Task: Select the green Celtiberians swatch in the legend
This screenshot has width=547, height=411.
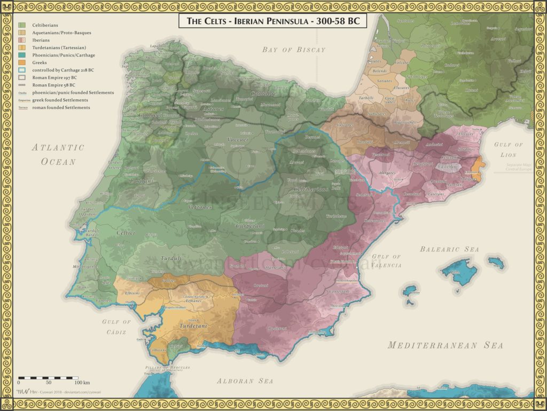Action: (x=22, y=25)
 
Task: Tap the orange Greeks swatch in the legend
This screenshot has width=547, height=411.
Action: (x=22, y=62)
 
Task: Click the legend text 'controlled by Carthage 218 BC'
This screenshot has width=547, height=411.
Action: (x=63, y=70)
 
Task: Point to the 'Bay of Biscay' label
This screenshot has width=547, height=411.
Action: (x=293, y=50)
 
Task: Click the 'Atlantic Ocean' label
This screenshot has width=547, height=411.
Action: (x=58, y=154)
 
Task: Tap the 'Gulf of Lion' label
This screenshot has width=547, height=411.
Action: (x=509, y=149)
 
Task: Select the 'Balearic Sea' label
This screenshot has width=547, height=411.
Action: (x=449, y=249)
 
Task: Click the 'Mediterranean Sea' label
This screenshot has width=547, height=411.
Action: (x=446, y=345)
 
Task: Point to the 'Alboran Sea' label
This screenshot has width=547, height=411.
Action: (x=245, y=381)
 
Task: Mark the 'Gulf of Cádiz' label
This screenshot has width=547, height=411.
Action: (x=116, y=327)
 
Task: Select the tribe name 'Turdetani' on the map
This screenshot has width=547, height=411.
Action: (x=193, y=326)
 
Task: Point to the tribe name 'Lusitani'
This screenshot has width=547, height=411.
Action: (x=142, y=182)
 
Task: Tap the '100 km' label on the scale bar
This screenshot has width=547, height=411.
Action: (x=82, y=383)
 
